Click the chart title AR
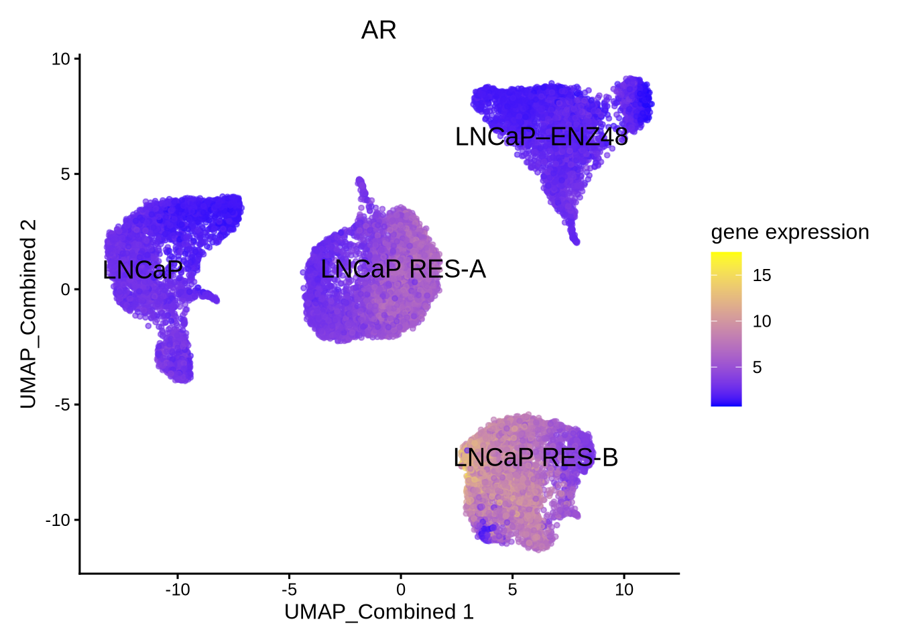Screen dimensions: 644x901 379,30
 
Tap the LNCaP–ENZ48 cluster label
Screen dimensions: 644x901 541,137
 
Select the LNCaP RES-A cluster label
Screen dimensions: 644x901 403,269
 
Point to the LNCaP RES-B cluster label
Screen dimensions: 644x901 535,458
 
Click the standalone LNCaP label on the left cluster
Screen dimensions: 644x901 143,270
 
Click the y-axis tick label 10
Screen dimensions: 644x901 61,59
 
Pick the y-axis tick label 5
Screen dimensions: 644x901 66,174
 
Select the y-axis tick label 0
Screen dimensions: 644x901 66,290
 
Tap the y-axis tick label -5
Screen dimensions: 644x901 62,405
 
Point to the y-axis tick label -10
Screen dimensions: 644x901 58,520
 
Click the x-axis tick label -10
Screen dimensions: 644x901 177,590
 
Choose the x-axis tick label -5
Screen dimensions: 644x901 289,590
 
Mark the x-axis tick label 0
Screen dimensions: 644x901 401,590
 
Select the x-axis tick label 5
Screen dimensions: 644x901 512,590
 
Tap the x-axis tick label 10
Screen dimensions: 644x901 624,590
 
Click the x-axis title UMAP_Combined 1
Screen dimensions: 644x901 379,612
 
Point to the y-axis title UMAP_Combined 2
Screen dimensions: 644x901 28,314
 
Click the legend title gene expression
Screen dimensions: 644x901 790,232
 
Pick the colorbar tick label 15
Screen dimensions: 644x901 762,275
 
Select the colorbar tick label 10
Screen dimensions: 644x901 762,321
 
